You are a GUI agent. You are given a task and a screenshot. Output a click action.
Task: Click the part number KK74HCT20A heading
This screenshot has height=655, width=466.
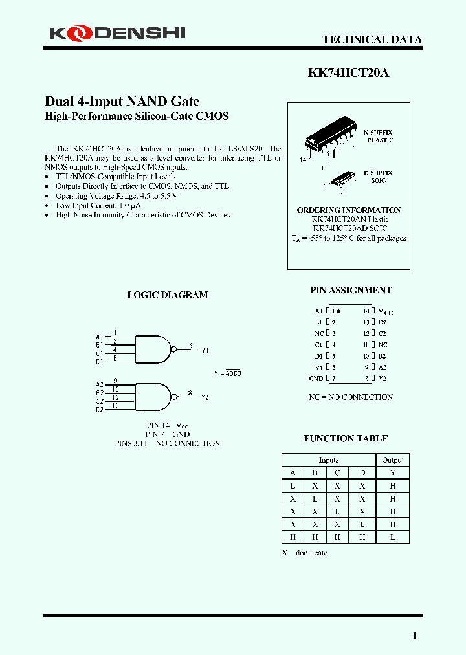pos(348,73)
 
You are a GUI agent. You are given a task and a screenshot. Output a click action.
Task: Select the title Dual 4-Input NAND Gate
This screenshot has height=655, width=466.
pos(122,102)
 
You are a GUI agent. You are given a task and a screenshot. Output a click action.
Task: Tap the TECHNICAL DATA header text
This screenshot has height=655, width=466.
pos(372,39)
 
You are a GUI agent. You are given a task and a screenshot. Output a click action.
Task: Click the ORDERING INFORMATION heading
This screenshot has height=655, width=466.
pos(348,210)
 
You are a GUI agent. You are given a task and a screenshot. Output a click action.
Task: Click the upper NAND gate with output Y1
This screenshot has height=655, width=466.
pos(154,350)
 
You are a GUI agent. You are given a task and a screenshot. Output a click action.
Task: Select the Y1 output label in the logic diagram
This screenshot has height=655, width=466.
pos(205,350)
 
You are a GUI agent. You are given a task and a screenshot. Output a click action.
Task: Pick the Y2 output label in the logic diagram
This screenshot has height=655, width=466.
pos(205,397)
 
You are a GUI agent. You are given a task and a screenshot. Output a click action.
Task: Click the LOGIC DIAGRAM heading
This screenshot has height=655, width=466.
pos(168,295)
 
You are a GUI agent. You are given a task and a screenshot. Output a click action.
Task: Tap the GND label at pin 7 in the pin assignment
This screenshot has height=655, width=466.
pos(316,379)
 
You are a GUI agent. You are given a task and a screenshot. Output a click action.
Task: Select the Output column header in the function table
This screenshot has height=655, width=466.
pos(392,460)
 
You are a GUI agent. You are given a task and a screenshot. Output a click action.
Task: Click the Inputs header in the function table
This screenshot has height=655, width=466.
pos(328,460)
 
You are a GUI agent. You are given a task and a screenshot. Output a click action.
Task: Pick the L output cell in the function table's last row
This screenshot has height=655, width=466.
pos(392,537)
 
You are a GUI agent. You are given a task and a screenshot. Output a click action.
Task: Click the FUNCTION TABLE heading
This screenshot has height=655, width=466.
pos(346,439)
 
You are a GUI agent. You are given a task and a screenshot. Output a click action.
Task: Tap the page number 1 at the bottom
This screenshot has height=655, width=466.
pos(415,636)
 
